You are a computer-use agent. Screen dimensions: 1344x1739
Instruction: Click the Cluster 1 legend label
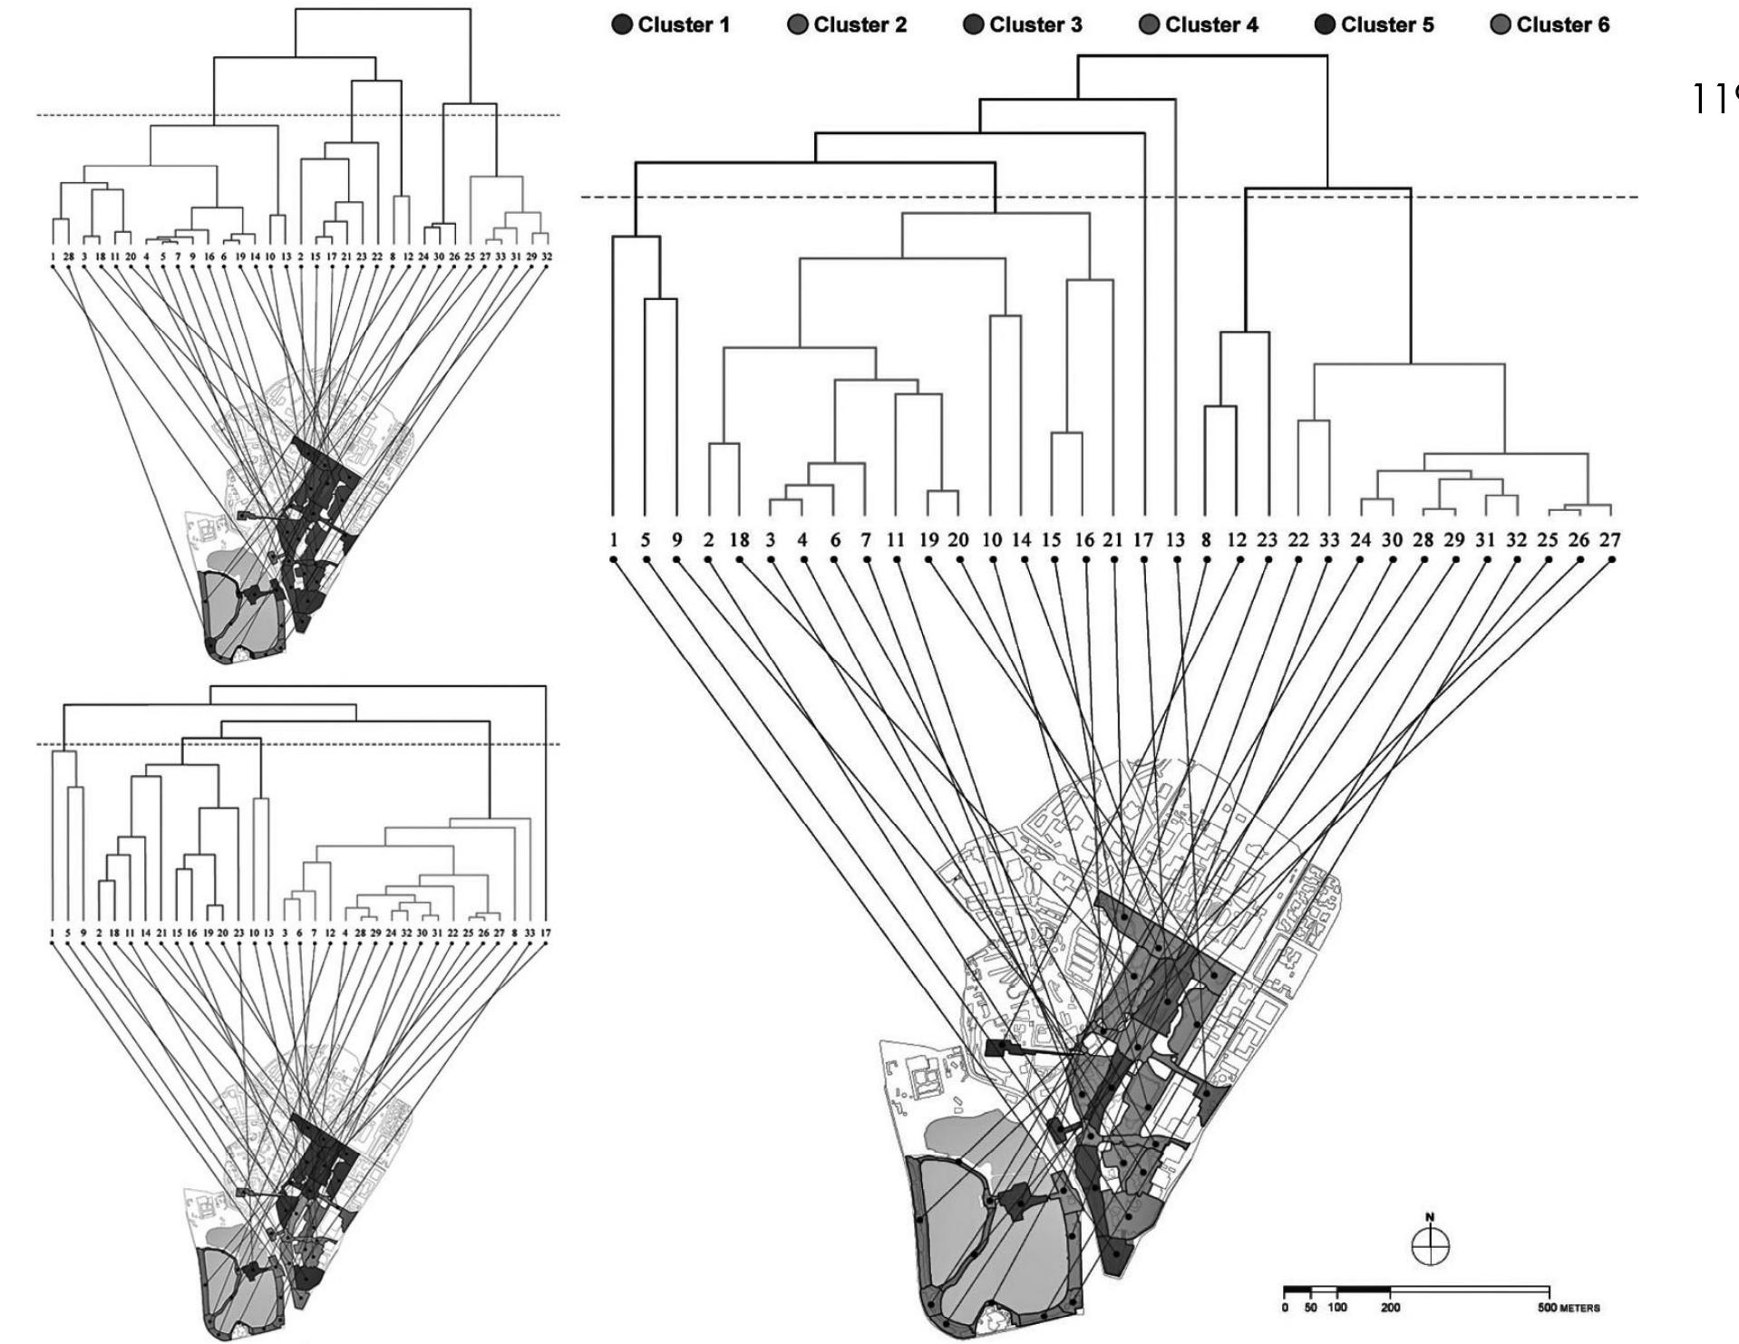[684, 25]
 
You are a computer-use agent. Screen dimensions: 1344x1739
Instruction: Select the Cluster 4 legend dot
[1150, 25]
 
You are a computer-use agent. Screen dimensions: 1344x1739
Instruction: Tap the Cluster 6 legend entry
[1550, 25]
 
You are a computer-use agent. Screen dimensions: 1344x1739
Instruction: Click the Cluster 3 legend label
[1035, 25]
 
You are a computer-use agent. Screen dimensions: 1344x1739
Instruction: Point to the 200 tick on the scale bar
[1390, 1309]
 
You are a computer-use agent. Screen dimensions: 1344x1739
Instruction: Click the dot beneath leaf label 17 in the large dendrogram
[1144, 560]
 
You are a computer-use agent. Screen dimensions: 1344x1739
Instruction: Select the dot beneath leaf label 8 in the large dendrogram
[1207, 560]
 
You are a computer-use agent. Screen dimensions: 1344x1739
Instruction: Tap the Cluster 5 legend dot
[1326, 25]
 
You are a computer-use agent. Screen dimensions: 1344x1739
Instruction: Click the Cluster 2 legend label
[860, 25]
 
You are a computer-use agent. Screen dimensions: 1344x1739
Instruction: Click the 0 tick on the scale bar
[1285, 1309]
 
